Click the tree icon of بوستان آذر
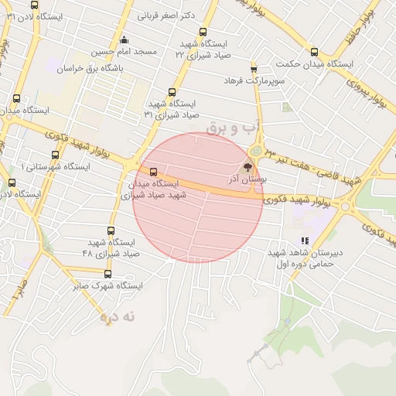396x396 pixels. point(247,166)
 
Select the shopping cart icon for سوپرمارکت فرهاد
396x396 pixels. point(253,69)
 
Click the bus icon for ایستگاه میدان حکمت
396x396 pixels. point(313,52)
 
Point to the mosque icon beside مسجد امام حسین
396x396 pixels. point(124,39)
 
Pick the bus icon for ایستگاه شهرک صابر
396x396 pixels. point(107,274)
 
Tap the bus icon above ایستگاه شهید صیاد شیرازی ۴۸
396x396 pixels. point(111,230)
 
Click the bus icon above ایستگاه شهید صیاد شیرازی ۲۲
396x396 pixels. point(203,32)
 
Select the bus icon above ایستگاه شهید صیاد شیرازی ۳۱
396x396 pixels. point(172,92)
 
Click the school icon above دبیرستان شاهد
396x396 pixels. point(305,241)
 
